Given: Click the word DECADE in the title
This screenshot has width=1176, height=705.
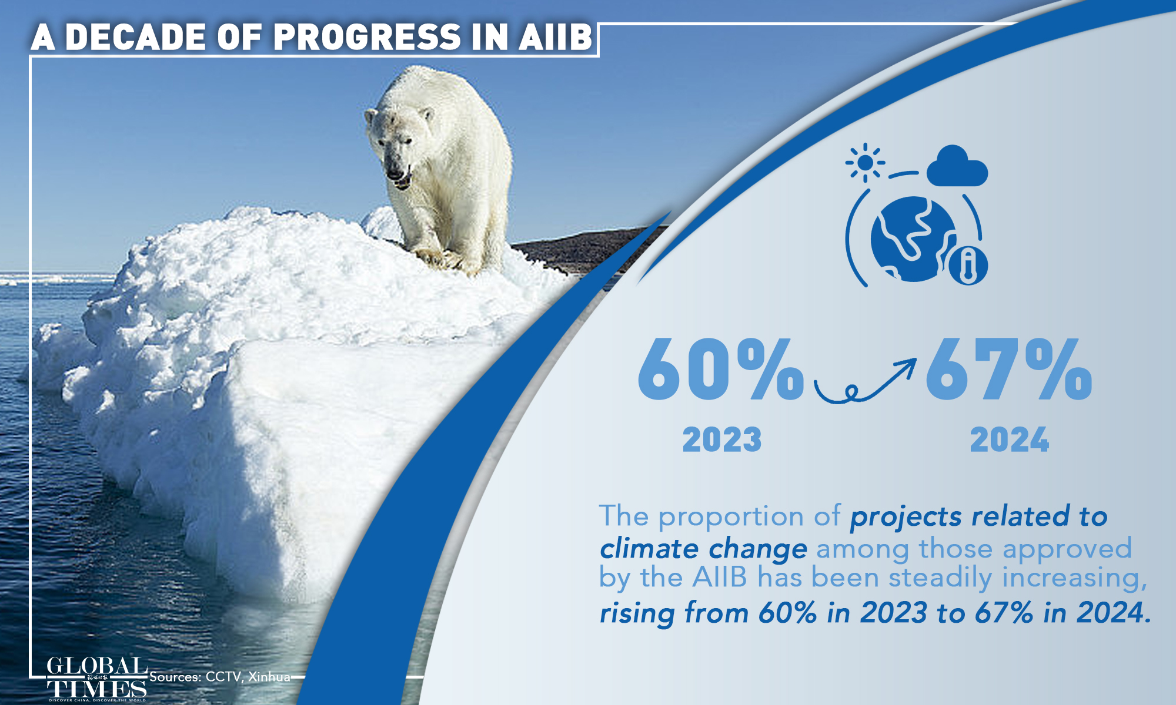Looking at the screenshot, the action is [x=136, y=37].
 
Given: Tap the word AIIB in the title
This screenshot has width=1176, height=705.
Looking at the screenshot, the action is [x=555, y=37].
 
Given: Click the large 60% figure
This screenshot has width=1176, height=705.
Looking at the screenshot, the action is [x=720, y=370].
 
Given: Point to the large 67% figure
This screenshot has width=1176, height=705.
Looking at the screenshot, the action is [x=1009, y=370].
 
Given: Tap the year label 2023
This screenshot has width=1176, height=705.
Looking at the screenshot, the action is [x=722, y=439].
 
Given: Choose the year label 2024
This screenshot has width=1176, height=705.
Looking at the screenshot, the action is [x=1010, y=439].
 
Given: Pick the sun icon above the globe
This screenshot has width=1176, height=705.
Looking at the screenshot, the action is [x=865, y=162].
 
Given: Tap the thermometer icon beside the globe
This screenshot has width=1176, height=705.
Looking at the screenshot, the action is [x=968, y=266].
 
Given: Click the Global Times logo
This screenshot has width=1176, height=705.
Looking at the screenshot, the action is [x=97, y=679].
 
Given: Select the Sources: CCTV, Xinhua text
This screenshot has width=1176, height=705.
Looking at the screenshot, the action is [x=220, y=677].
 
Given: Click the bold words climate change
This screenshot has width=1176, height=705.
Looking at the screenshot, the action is [x=703, y=549].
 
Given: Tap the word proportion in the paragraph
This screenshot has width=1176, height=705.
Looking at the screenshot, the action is [x=731, y=517].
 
